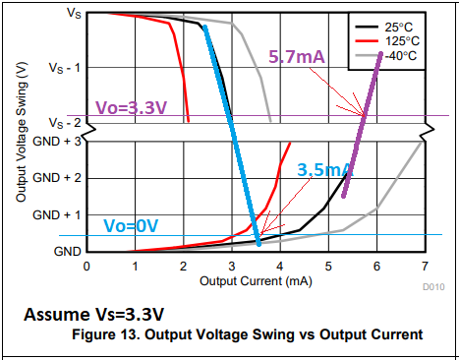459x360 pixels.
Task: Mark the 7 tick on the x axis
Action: pyautogui.click(x=424, y=266)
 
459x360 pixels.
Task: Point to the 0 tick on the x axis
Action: pyautogui.click(x=86, y=266)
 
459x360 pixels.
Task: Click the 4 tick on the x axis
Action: pyautogui.click(x=279, y=266)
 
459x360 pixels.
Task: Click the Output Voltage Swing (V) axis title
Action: pyautogui.click(x=21, y=131)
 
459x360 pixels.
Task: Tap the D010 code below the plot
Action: pyautogui.click(x=432, y=288)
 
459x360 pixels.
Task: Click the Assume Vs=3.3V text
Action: pyautogui.click(x=93, y=316)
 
